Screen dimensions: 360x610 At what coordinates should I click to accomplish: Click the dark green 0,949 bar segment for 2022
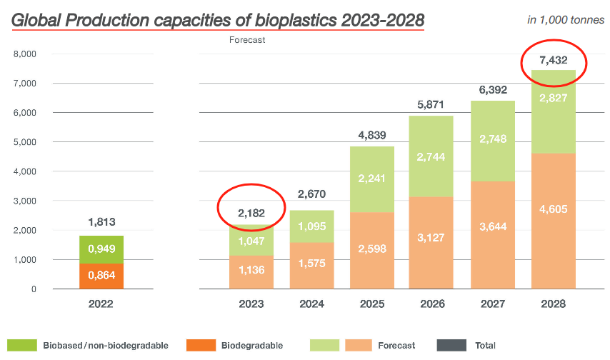(x=101, y=249)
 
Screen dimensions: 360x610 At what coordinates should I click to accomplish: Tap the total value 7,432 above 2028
(x=554, y=60)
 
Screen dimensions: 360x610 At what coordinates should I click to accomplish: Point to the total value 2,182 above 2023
(x=251, y=212)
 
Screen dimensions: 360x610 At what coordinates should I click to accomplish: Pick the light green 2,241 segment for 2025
(x=373, y=179)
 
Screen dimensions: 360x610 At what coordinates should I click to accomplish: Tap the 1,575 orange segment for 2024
(x=312, y=265)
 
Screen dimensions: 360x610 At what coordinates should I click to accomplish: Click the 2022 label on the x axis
(x=101, y=304)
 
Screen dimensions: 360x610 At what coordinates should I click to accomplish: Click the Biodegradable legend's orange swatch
(x=201, y=346)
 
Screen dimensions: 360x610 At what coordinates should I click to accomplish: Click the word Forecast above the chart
(x=247, y=40)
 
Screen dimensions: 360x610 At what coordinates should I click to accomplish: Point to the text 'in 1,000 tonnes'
(x=564, y=19)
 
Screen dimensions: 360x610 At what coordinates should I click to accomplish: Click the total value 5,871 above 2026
(x=433, y=104)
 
